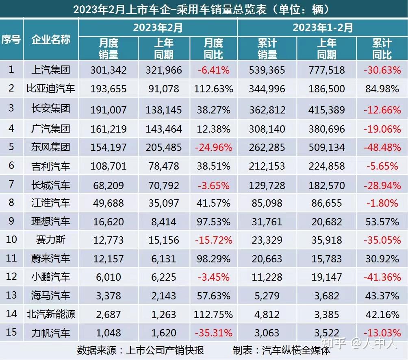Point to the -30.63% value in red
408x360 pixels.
(x=382, y=70)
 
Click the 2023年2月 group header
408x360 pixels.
(x=158, y=28)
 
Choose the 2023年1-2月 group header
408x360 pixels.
(x=323, y=28)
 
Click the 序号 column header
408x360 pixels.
(x=11, y=39)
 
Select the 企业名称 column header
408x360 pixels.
(x=51, y=39)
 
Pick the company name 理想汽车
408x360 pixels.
(x=51, y=221)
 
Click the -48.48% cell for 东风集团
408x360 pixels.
(x=382, y=147)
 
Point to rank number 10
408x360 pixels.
(x=11, y=239)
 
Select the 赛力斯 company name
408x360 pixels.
(x=51, y=240)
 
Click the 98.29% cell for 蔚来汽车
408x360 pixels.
(x=214, y=259)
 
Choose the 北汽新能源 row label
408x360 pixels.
(x=51, y=314)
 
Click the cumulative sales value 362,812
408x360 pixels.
(x=267, y=109)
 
